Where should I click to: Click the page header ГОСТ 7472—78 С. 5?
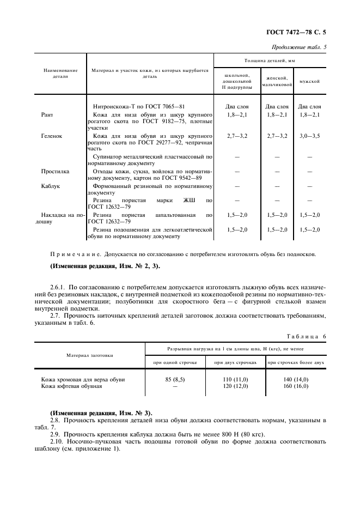coord(300,32)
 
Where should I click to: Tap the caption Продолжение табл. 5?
coord(299,47)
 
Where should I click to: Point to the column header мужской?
coord(309,81)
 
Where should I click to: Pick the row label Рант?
coord(47,115)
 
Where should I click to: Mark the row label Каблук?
coord(51,186)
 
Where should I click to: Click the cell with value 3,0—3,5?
coord(309,135)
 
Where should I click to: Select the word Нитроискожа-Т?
coord(117,106)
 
